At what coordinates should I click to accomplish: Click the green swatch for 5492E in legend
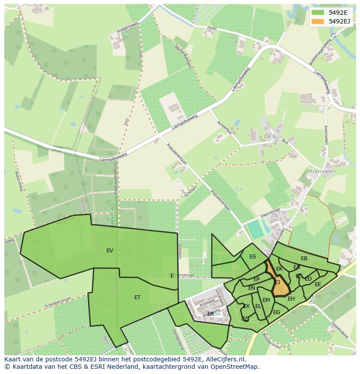(318, 12)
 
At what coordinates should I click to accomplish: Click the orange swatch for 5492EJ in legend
(318, 21)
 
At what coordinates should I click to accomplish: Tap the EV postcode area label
(110, 251)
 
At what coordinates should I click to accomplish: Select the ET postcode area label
(137, 298)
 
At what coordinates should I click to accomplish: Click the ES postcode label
(253, 257)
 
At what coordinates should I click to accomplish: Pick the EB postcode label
(304, 258)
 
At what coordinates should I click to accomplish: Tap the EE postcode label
(318, 285)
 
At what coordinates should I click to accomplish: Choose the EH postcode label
(291, 299)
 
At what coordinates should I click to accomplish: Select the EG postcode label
(277, 312)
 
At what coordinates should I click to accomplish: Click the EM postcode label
(266, 300)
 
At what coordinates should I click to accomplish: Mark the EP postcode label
(257, 279)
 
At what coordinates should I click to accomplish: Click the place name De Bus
(273, 136)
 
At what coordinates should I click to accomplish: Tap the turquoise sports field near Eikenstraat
(256, 230)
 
